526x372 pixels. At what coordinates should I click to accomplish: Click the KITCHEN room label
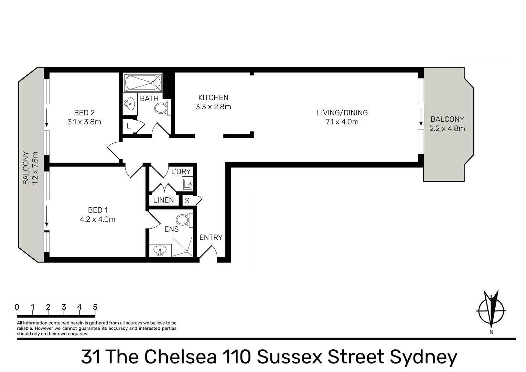(x=213, y=97)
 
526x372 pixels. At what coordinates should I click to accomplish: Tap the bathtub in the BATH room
(x=143, y=82)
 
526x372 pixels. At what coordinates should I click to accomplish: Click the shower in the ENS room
(x=182, y=247)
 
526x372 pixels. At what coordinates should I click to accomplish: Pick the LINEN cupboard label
(x=163, y=200)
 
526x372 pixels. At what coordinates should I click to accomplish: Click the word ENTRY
(x=211, y=238)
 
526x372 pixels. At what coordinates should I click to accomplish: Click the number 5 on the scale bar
(x=95, y=307)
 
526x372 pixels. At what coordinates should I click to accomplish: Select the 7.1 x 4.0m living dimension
(x=342, y=122)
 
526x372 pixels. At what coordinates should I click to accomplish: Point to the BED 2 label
(x=84, y=113)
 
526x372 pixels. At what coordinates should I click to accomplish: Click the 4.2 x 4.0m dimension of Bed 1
(x=97, y=219)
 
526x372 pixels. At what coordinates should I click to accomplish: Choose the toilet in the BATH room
(x=162, y=108)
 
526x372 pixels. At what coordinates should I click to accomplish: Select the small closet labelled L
(x=129, y=126)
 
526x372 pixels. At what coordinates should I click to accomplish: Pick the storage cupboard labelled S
(x=187, y=200)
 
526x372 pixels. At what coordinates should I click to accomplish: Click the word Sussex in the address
(x=289, y=356)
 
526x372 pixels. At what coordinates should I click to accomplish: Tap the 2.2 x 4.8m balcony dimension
(x=447, y=128)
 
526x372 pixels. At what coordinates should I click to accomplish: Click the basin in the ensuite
(x=160, y=250)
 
